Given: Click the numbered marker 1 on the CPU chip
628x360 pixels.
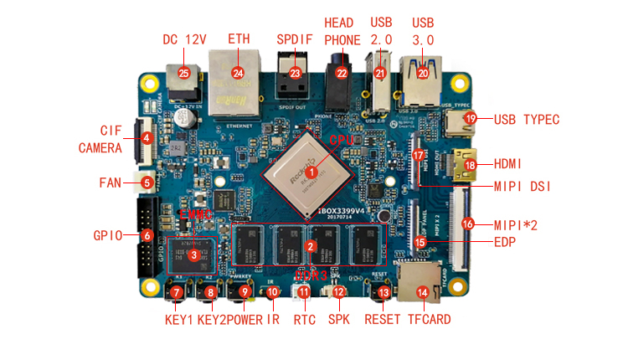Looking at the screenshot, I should tap(311, 171).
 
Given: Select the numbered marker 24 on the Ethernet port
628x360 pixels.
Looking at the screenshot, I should tap(238, 73).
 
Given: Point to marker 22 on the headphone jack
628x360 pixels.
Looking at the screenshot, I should tap(342, 73).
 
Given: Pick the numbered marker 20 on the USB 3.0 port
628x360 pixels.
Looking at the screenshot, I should tap(423, 73).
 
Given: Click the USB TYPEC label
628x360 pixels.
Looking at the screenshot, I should tap(527, 119).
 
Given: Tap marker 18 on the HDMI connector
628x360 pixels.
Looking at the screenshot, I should tap(470, 165).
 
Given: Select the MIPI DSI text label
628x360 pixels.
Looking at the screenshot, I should tap(527, 186).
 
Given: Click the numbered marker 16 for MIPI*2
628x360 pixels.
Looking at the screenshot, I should tap(468, 224).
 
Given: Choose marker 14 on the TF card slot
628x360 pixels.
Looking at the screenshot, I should tap(423, 292).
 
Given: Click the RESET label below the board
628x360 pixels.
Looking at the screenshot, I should tap(383, 319).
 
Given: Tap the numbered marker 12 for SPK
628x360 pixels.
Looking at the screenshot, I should tap(338, 292).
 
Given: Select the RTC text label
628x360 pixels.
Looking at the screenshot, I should tap(304, 319).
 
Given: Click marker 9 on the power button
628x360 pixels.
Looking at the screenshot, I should tap(245, 292).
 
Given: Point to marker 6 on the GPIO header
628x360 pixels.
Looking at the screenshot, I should tap(146, 236).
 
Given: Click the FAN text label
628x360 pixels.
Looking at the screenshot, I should tap(111, 183).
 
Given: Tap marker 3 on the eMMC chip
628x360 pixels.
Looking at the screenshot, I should tap(193, 255).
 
